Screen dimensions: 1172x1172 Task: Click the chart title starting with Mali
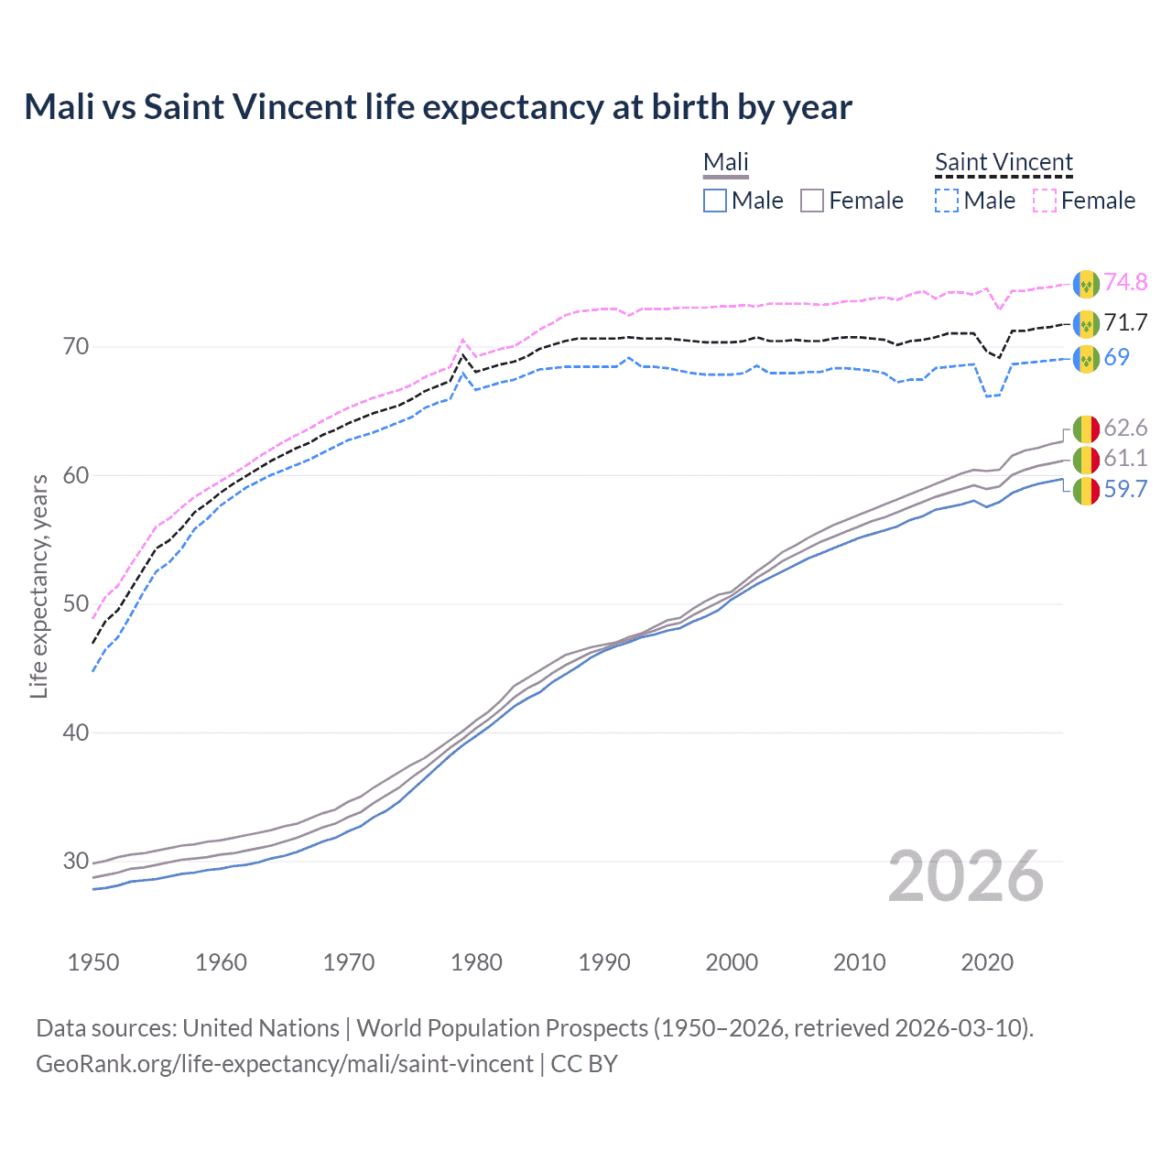pyautogui.click(x=438, y=107)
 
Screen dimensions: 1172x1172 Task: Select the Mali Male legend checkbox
pyautogui.click(x=715, y=201)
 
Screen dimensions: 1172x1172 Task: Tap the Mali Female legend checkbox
pyautogui.click(x=812, y=201)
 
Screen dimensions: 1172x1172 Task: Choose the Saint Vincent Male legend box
pyautogui.click(x=947, y=201)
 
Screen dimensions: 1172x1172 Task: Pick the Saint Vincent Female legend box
pyautogui.click(x=1045, y=201)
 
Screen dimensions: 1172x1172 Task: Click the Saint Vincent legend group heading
pyautogui.click(x=1004, y=162)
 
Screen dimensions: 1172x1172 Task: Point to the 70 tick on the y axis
pyautogui.click(x=76, y=346)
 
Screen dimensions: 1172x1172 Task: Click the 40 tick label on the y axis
pyautogui.click(x=76, y=732)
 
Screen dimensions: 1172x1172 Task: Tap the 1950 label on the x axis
pyautogui.click(x=93, y=962)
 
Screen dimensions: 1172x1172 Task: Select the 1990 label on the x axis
pyautogui.click(x=604, y=962)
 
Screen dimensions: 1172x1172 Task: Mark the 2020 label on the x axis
pyautogui.click(x=987, y=962)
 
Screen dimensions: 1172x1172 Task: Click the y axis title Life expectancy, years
pyautogui.click(x=38, y=586)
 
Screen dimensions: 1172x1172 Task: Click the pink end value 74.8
pyautogui.click(x=1125, y=282)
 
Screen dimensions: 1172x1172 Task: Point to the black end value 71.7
pyautogui.click(x=1125, y=322)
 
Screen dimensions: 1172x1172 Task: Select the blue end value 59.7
pyautogui.click(x=1125, y=489)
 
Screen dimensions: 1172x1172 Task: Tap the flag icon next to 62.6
pyautogui.click(x=1086, y=429)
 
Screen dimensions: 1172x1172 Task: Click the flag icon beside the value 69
pyautogui.click(x=1086, y=358)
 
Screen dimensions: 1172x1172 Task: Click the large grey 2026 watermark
pyautogui.click(x=966, y=877)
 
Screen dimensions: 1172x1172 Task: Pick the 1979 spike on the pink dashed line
pyautogui.click(x=463, y=340)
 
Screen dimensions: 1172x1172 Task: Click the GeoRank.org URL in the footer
pyautogui.click(x=285, y=1064)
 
